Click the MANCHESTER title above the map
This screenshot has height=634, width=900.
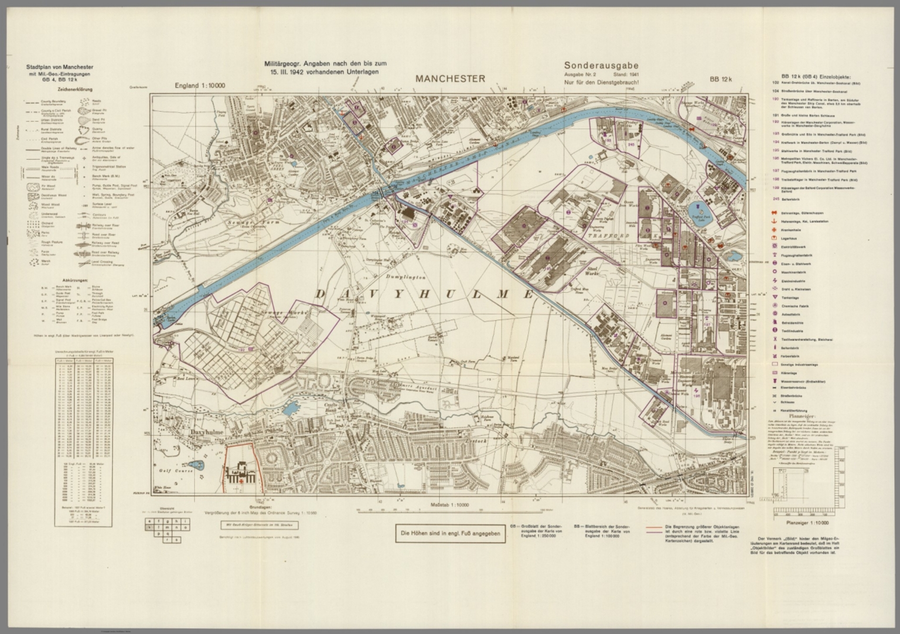450,79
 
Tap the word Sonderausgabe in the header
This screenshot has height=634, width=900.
601,66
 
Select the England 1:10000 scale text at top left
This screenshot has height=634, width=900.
204,86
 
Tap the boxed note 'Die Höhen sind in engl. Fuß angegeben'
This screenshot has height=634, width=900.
450,533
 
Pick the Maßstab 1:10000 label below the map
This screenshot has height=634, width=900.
450,505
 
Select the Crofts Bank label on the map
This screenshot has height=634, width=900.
333,408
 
